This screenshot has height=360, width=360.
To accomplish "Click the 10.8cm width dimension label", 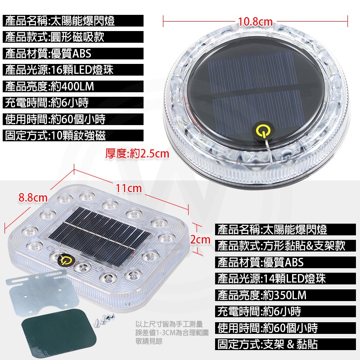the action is coord(255,22).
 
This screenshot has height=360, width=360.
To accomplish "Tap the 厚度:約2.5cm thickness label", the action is coord(137,153).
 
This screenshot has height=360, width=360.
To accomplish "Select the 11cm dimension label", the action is coord(128,189).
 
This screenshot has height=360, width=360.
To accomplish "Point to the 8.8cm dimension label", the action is coord(33,198).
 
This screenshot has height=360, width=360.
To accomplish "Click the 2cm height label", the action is coord(200,239).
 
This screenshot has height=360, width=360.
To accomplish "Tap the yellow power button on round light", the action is coord(262,130).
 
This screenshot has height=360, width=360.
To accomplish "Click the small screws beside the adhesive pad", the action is coord(104,319).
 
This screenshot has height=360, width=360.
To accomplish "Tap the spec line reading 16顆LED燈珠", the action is coord(73,70).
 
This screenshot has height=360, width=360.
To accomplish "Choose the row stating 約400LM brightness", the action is coord(73,86).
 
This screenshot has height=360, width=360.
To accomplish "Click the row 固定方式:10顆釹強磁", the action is coord(73,135).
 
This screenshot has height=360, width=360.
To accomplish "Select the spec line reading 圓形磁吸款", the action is coord(73,37).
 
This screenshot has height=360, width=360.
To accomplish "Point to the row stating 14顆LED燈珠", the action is coord(285,279).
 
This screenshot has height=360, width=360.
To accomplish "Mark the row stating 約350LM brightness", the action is coord(285,295).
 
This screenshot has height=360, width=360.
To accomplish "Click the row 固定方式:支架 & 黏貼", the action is coord(285,344).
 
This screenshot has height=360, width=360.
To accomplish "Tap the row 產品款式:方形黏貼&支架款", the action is coord(285,246).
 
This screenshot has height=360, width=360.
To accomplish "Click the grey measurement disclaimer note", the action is coord(172,333).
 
